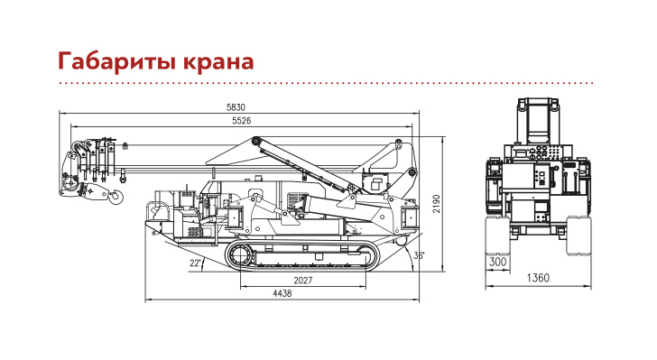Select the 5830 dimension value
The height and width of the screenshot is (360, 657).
(x=236, y=107)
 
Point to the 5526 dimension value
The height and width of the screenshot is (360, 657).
(x=242, y=121)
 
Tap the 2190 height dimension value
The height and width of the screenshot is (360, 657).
(x=437, y=204)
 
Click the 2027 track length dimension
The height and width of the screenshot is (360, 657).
(x=303, y=281)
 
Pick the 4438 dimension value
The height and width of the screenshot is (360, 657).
(x=282, y=293)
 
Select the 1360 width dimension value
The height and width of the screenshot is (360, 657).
(x=538, y=278)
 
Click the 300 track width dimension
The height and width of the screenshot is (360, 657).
(x=498, y=263)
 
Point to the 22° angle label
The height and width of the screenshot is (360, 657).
(x=196, y=263)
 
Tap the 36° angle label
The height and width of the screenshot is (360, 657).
(x=419, y=255)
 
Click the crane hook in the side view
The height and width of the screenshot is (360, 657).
(x=116, y=196)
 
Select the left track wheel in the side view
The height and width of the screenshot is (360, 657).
(x=240, y=255)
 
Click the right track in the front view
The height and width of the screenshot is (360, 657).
(x=578, y=235)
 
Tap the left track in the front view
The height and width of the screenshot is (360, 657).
(x=498, y=235)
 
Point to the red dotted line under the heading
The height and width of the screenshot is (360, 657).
(x=326, y=83)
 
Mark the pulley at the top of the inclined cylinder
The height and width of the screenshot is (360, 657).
(x=256, y=141)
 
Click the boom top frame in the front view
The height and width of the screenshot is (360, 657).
(x=538, y=121)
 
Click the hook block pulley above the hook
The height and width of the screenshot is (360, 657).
(x=70, y=183)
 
